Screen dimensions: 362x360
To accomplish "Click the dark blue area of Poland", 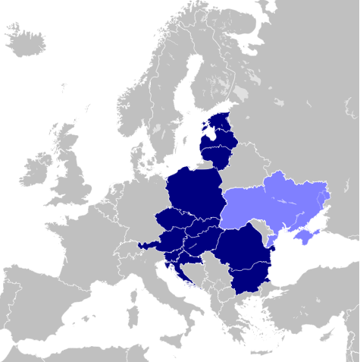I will [x=193, y=194].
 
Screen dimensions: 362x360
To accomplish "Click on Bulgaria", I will [x=249, y=282].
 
